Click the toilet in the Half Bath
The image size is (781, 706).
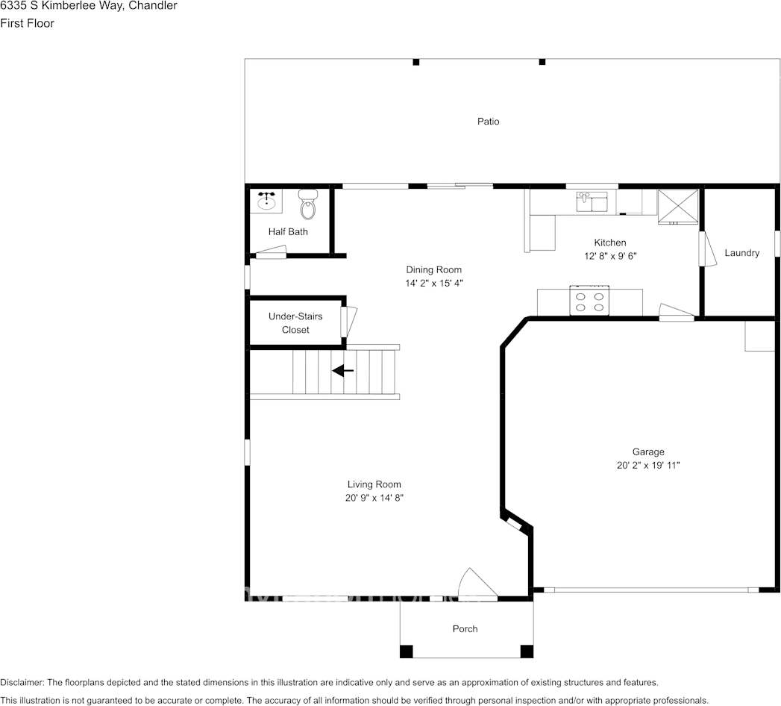click(308, 203)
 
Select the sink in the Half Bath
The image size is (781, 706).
click(267, 202)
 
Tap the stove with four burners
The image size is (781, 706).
click(589, 301)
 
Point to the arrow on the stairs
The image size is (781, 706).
click(343, 370)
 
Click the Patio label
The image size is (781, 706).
click(489, 121)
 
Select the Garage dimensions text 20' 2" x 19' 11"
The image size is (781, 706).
click(647, 465)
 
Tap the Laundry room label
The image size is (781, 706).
click(741, 253)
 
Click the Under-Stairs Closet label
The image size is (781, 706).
click(295, 323)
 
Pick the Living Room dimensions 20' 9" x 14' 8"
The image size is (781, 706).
click(374, 497)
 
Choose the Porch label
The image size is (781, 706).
click(465, 629)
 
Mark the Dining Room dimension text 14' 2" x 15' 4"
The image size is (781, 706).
click(433, 283)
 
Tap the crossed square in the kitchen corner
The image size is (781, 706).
click(677, 207)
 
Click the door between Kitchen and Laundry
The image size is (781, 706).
click(703, 249)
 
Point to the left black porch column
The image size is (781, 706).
click(406, 651)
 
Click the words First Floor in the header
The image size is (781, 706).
click(27, 23)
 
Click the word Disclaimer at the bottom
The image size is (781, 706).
click(22, 682)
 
